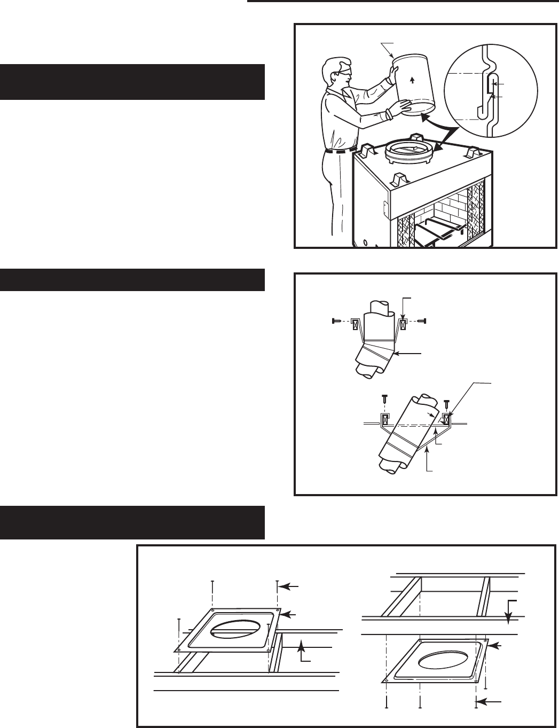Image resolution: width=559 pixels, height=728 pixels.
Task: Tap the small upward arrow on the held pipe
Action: click(x=412, y=81)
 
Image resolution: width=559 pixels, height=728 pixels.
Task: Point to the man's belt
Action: click(x=340, y=151)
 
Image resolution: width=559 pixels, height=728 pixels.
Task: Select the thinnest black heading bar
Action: click(x=132, y=280)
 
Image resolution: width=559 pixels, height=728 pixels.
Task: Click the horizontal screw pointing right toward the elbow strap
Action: click(x=337, y=322)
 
